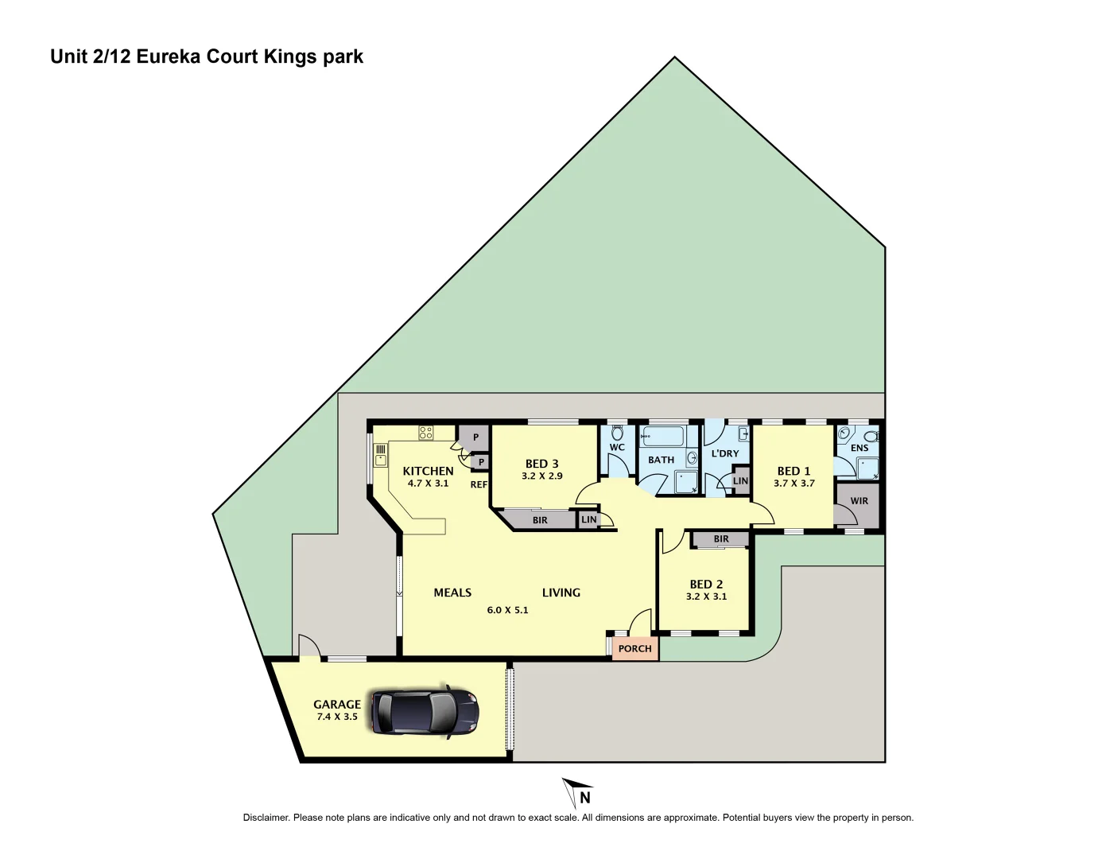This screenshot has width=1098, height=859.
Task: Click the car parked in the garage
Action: (425, 711)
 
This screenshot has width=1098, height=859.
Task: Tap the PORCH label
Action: (634, 649)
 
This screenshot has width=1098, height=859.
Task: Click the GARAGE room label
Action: (336, 704)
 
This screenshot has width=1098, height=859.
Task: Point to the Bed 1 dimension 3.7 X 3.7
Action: (793, 484)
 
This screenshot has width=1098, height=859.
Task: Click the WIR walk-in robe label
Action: (859, 501)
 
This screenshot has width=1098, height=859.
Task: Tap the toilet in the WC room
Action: (617, 434)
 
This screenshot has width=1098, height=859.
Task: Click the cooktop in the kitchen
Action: (426, 433)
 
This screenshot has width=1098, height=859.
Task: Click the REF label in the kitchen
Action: (479, 484)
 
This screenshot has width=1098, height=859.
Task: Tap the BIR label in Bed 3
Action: (540, 520)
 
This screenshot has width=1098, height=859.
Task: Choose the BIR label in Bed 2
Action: (720, 539)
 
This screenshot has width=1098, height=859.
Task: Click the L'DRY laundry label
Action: (724, 453)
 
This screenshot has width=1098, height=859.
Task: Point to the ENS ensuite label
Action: (859, 448)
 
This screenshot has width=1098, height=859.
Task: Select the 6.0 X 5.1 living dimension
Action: (507, 610)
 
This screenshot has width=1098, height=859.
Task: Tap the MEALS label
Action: (452, 593)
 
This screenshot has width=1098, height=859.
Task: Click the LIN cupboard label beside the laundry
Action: (740, 481)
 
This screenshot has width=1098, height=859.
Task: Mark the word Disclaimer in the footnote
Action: (266, 818)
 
